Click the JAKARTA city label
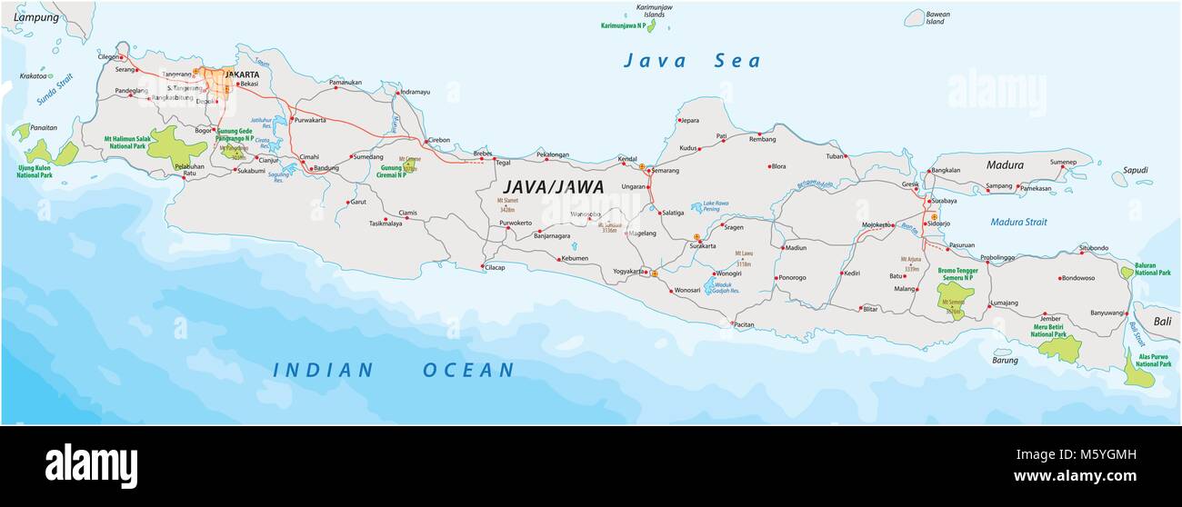(242, 75)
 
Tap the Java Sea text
(691, 62)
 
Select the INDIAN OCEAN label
(395, 370)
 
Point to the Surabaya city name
(942, 201)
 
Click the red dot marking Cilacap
(483, 266)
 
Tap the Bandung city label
(325, 168)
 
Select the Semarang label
(663, 170)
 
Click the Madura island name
(1005, 165)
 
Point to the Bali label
(1162, 321)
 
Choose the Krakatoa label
(33, 76)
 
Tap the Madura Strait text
(1018, 222)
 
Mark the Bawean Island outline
(914, 18)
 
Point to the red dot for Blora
(770, 166)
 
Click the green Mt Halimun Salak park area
(166, 147)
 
